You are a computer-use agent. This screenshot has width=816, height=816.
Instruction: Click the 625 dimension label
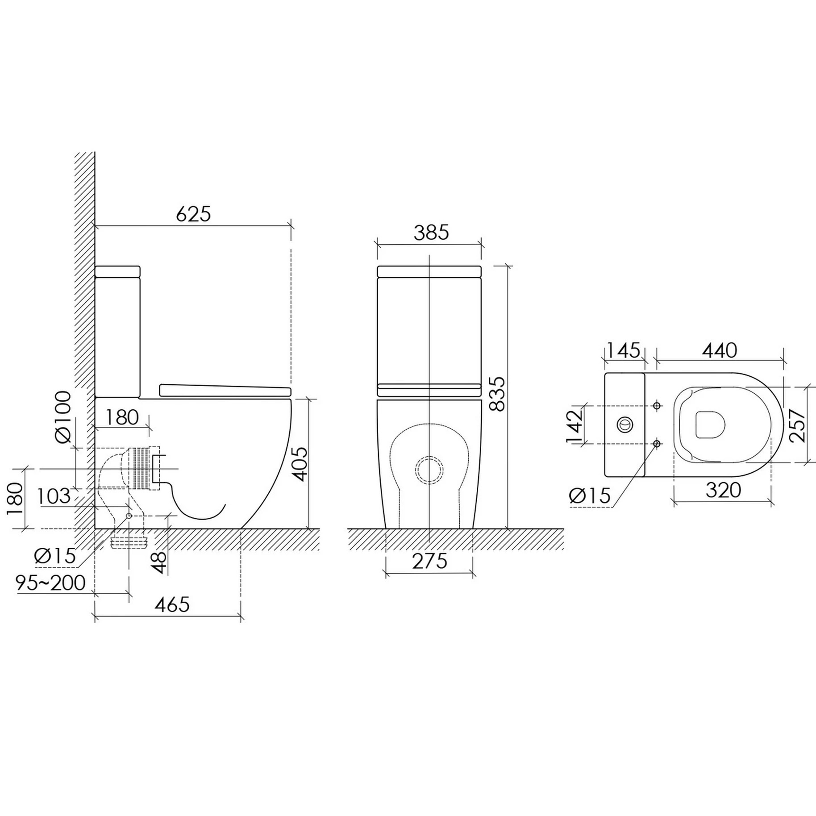(x=193, y=214)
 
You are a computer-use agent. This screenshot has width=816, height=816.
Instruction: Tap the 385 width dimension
(x=431, y=233)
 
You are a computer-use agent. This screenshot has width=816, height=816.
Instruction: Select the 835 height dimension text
(x=496, y=394)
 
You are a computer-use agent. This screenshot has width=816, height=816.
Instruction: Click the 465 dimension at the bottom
(x=172, y=604)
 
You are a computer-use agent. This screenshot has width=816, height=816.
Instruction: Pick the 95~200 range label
(x=50, y=583)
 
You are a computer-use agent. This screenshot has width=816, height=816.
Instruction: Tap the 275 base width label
(x=429, y=561)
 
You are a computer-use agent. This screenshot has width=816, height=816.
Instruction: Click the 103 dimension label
(x=54, y=496)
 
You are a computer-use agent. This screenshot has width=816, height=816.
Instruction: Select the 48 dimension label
(x=159, y=562)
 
